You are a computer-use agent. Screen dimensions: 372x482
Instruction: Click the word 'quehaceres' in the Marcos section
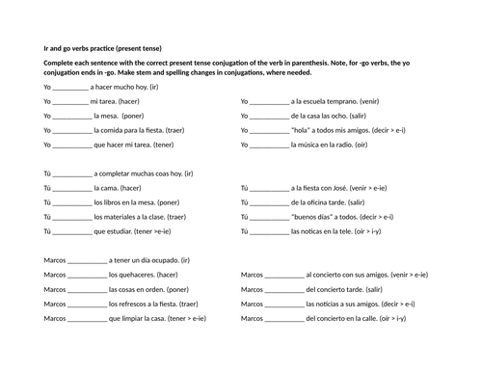134,275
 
